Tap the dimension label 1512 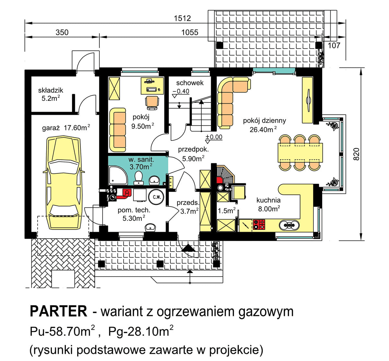coord(183,19)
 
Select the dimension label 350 coord(62,32)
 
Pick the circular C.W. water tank coord(156,197)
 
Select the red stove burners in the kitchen coord(259,224)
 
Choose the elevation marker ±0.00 coord(214,137)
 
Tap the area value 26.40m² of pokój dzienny coord(263,130)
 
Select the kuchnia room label coord(268,200)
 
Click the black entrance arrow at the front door coord(189,248)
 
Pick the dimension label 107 coord(334,45)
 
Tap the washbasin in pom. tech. coord(150,227)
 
